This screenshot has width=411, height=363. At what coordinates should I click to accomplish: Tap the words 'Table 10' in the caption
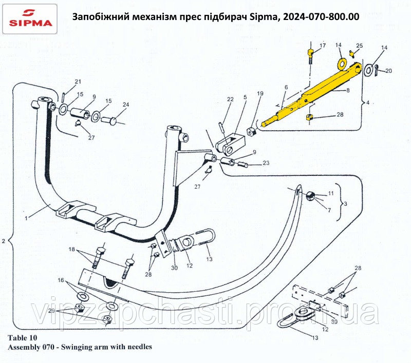tap(23, 337)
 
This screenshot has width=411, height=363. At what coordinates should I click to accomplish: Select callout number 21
tap(78, 82)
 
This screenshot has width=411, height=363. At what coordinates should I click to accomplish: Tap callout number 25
tap(360, 46)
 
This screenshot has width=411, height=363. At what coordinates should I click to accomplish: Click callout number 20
tap(388, 71)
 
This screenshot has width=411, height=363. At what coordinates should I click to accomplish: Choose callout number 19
tap(260, 94)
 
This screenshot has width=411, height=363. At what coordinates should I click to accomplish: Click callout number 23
tap(266, 164)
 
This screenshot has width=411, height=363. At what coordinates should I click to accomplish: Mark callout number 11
tap(331, 194)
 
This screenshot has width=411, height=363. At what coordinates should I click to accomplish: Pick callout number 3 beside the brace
tap(345, 204)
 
